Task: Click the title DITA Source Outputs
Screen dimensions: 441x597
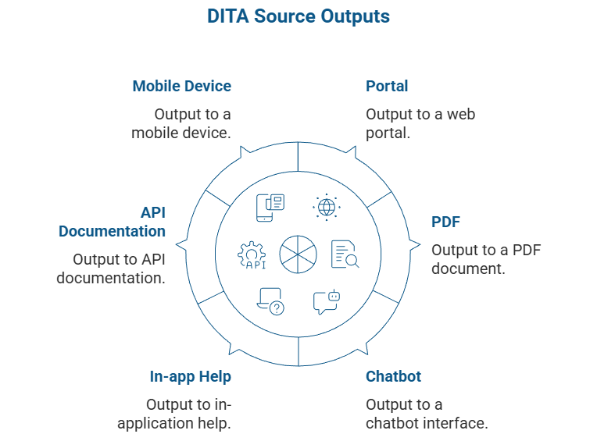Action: (298, 16)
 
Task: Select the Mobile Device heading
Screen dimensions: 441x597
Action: (181, 86)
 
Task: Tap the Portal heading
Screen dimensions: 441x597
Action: (387, 86)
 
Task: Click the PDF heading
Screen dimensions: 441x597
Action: (445, 222)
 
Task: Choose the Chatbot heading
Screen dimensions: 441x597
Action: (393, 376)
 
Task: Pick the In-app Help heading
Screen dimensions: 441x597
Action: (190, 376)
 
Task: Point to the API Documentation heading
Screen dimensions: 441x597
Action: (112, 222)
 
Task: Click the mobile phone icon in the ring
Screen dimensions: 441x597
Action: (270, 207)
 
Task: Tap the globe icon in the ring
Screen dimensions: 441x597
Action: (325, 207)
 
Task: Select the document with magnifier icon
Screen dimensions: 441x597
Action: (345, 254)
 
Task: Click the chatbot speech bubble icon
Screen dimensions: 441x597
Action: (326, 301)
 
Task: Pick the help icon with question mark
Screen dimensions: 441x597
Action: (270, 301)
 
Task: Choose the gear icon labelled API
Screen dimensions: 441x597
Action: (252, 255)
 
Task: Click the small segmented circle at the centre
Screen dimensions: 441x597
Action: (298, 254)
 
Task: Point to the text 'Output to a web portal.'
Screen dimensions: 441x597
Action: (420, 123)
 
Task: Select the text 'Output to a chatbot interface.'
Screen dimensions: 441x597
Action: (427, 414)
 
